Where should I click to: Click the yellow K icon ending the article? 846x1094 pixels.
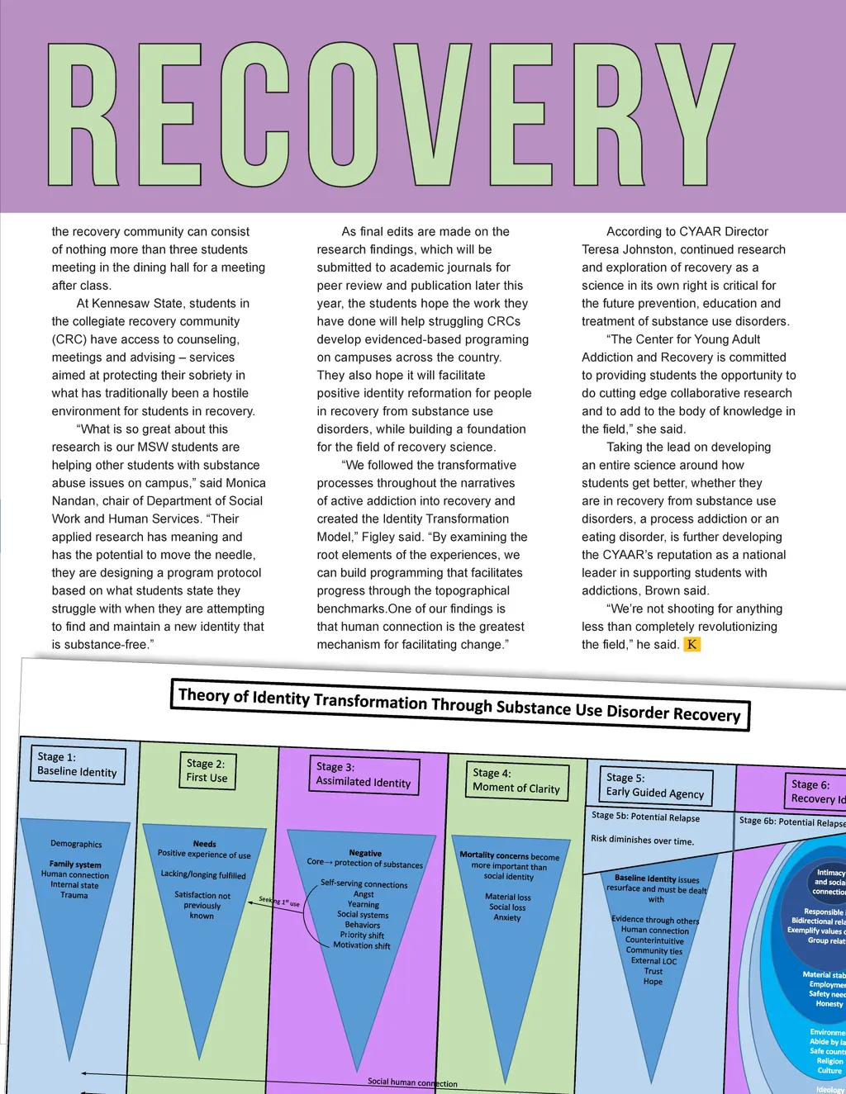pyautogui.click(x=692, y=645)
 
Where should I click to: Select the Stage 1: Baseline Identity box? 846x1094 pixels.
pyautogui.click(x=78, y=765)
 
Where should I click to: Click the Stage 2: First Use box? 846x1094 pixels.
pyautogui.click(x=206, y=770)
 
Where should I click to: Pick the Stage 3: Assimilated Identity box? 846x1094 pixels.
pyautogui.click(x=364, y=774)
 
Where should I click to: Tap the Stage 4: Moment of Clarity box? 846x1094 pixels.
pyautogui.click(x=516, y=780)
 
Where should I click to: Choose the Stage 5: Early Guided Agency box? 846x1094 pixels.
pyautogui.click(x=655, y=785)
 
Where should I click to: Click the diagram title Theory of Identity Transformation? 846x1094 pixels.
pyautogui.click(x=459, y=704)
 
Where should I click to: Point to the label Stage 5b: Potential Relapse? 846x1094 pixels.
pyautogui.click(x=645, y=817)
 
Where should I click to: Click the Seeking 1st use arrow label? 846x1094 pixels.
pyautogui.click(x=279, y=902)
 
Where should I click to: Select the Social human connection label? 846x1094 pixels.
pyautogui.click(x=412, y=1082)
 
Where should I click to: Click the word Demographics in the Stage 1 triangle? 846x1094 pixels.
pyautogui.click(x=76, y=844)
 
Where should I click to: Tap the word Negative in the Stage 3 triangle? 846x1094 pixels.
pyautogui.click(x=365, y=853)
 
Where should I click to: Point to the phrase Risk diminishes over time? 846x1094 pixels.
pyautogui.click(x=642, y=840)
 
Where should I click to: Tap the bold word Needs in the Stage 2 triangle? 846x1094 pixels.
pyautogui.click(x=204, y=844)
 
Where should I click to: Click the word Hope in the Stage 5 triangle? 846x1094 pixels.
pyautogui.click(x=653, y=982)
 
